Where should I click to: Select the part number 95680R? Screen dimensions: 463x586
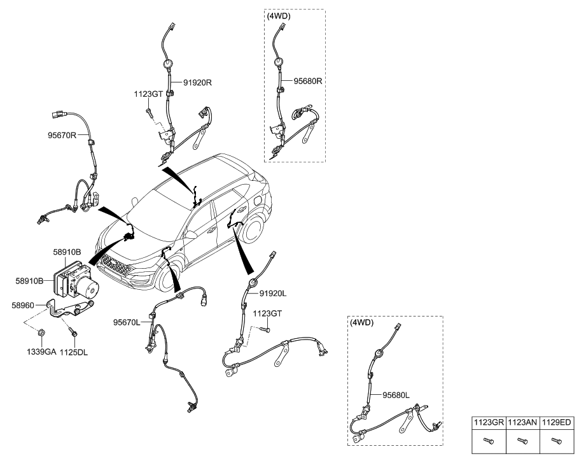click(x=309, y=82)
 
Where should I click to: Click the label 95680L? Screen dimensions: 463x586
click(x=394, y=395)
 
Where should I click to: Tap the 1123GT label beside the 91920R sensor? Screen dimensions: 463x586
click(x=148, y=94)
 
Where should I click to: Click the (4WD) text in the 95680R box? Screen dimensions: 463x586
click(x=279, y=17)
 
